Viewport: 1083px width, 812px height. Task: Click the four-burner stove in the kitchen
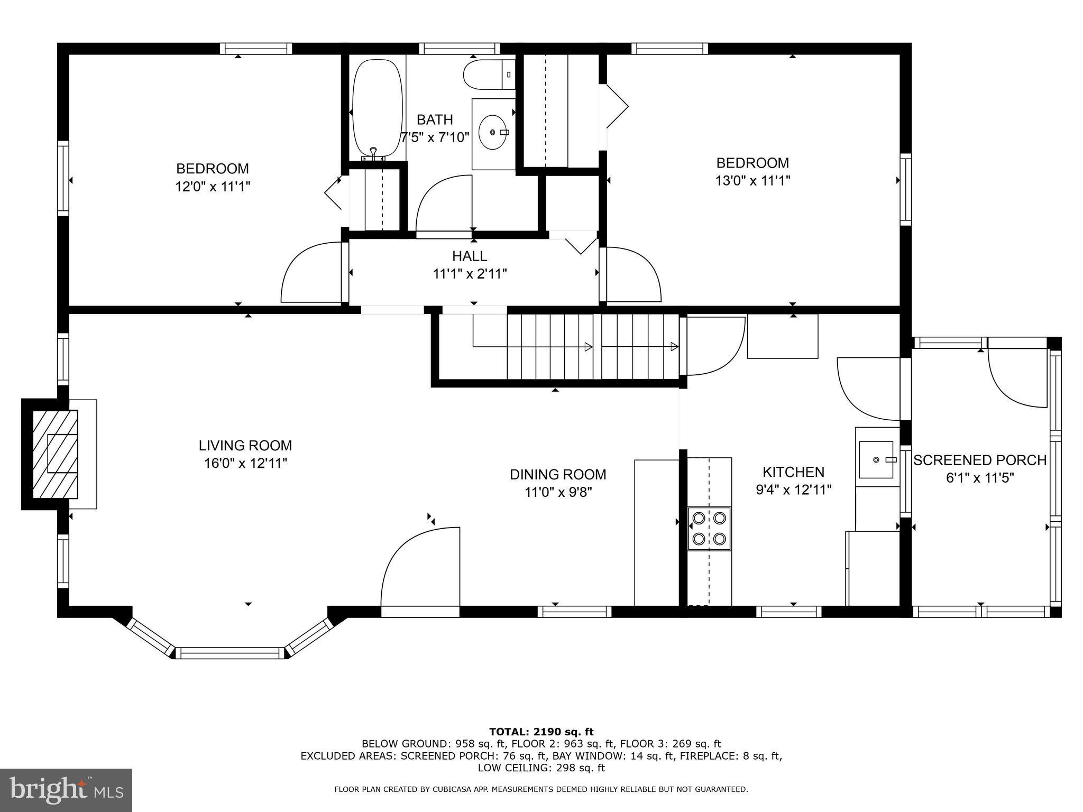(709, 528)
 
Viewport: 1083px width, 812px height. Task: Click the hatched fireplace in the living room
(55, 454)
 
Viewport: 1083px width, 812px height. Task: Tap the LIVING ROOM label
(245, 445)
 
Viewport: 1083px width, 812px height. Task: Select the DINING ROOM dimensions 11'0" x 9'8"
(558, 492)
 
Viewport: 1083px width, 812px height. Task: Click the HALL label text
(470, 256)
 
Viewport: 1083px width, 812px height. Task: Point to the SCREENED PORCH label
(980, 460)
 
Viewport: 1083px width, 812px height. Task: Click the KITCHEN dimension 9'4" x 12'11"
(794, 490)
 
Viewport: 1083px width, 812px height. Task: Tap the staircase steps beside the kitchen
(592, 347)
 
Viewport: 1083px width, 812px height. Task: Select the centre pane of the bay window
(230, 653)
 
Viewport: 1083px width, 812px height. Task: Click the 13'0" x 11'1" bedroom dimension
(752, 181)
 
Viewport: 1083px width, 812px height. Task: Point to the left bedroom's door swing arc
(310, 272)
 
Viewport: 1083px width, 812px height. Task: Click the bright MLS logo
(66, 790)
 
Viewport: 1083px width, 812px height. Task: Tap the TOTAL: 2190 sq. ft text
(541, 732)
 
